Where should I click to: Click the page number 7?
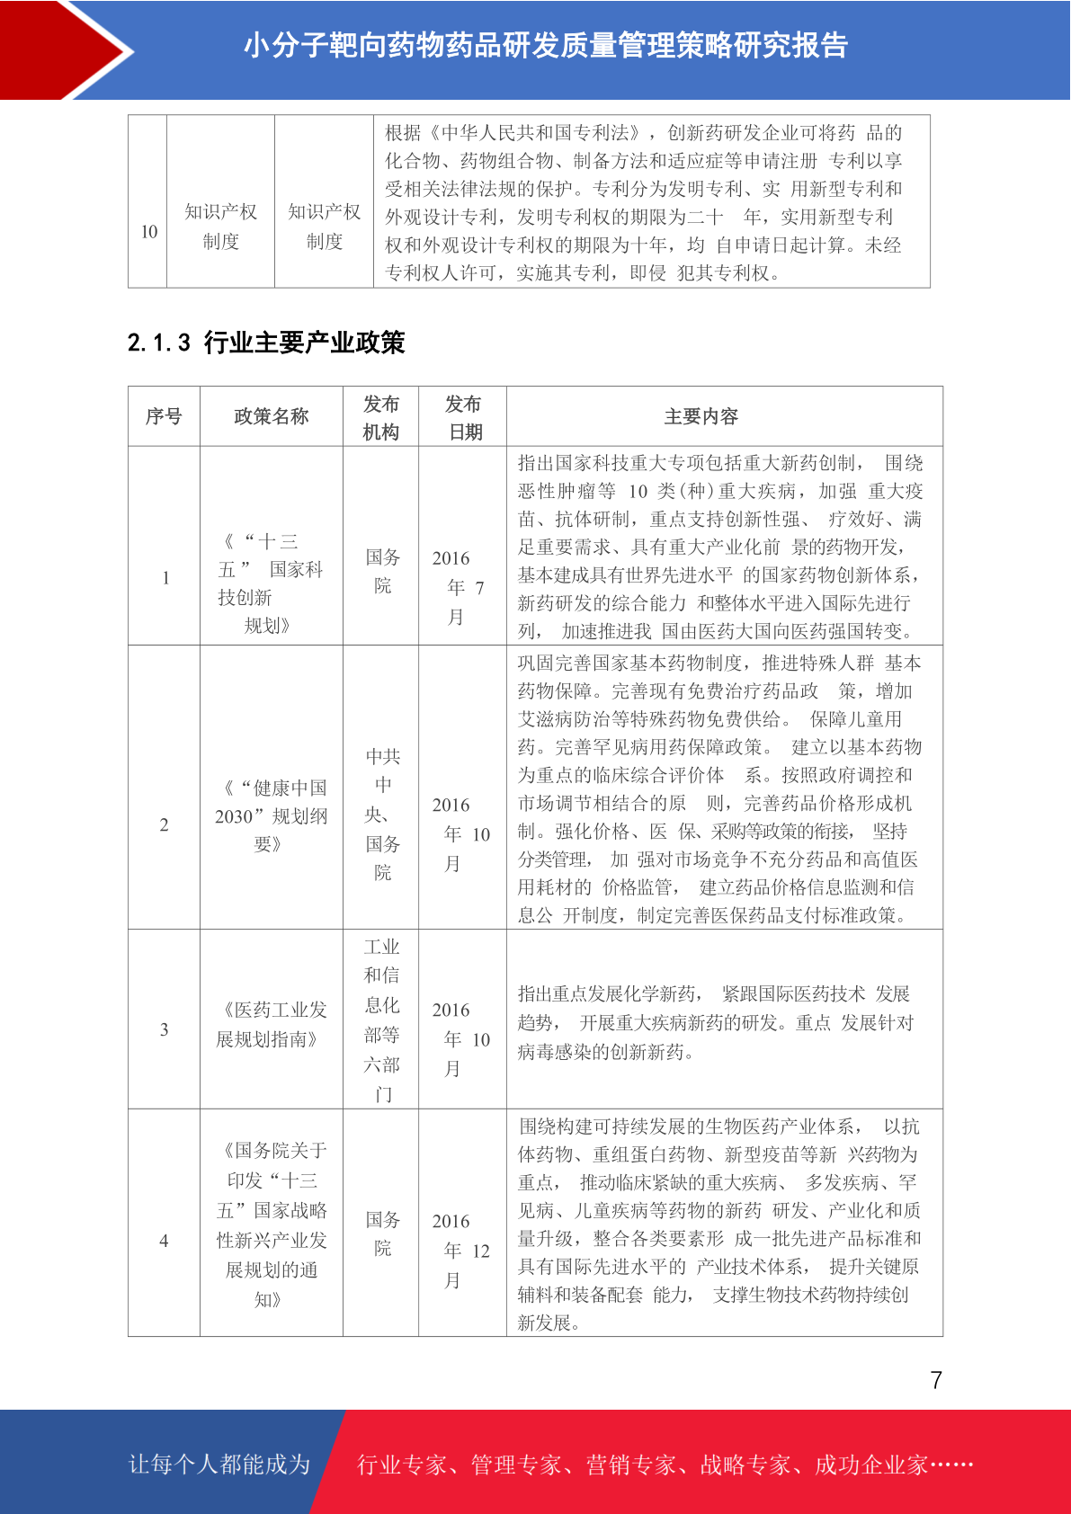tap(936, 1380)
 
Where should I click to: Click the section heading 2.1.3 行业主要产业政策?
tap(266, 343)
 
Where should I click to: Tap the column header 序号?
tap(164, 416)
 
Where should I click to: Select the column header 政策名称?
tap(271, 416)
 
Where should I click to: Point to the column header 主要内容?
tap(701, 416)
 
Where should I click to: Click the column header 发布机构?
tap(380, 417)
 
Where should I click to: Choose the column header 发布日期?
tap(463, 417)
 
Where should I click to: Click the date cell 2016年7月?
tap(459, 587)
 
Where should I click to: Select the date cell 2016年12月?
tap(460, 1250)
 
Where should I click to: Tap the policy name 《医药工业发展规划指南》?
tap(271, 1024)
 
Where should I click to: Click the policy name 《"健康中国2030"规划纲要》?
tap(271, 815)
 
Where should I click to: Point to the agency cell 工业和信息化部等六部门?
tap(381, 1020)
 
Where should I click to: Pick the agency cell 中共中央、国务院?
tap(382, 814)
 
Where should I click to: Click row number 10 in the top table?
tap(149, 231)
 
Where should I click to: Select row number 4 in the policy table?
tap(164, 1241)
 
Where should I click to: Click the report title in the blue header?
tap(545, 45)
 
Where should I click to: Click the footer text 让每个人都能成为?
tap(219, 1464)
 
